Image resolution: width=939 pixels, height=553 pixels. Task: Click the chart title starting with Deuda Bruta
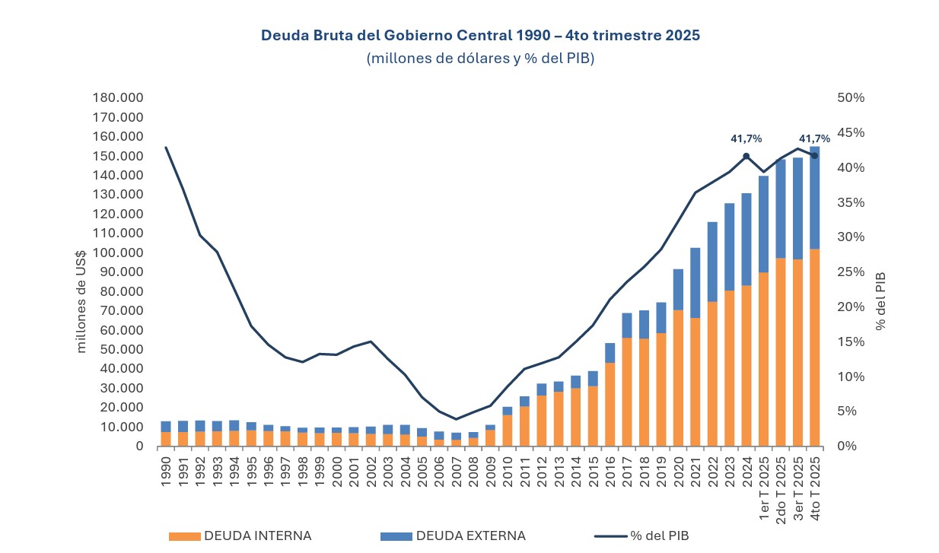tap(480, 35)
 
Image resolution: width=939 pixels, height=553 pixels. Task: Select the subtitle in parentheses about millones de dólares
tap(480, 59)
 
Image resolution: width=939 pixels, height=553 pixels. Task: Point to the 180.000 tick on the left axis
tap(118, 97)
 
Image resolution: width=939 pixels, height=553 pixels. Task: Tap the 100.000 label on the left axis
tap(118, 253)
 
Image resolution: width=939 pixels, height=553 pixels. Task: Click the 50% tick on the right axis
tap(851, 97)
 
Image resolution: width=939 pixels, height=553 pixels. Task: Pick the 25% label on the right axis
tap(851, 272)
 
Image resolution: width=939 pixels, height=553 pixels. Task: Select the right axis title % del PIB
tap(880, 300)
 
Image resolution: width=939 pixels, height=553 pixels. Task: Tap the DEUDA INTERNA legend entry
tap(240, 536)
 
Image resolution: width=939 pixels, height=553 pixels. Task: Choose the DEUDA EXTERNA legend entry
tap(453, 536)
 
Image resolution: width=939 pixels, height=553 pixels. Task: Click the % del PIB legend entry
tap(641, 536)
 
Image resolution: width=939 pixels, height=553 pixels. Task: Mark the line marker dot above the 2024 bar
tap(746, 156)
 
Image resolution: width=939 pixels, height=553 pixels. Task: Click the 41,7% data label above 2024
tap(746, 138)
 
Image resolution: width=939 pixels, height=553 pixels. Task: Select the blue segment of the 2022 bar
tap(712, 262)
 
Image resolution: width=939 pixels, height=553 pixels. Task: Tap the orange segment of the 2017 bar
tap(627, 392)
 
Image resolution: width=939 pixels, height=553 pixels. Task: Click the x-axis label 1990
tap(166, 472)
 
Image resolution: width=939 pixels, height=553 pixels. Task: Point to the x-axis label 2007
tap(457, 472)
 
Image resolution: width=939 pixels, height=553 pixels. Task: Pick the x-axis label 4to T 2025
tap(815, 488)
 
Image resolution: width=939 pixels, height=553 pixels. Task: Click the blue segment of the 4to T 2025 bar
tap(814, 198)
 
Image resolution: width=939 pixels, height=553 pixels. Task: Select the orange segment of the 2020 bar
tap(678, 378)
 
